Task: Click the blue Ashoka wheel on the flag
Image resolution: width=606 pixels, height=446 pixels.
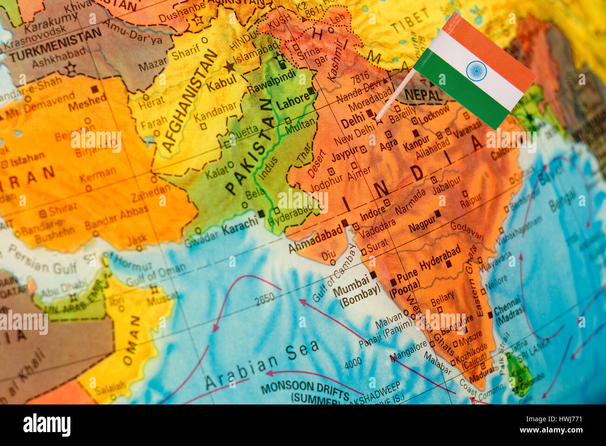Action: (476, 70)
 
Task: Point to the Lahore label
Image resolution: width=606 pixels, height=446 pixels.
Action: (293, 101)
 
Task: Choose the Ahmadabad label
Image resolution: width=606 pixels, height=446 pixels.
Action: (315, 239)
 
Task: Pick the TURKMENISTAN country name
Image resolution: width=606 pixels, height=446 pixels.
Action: (56, 45)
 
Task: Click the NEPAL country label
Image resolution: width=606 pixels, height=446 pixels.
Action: (423, 95)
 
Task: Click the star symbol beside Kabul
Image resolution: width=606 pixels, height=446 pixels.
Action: (229, 67)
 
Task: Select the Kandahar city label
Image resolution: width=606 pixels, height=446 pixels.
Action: (215, 112)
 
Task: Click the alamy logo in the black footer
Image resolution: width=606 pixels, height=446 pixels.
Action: (47, 425)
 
